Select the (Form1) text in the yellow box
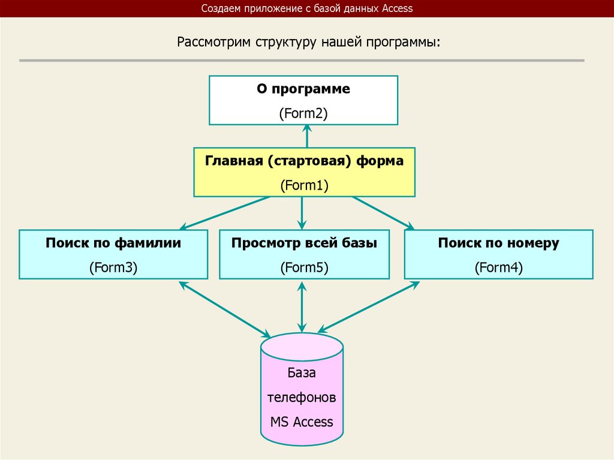pos(305,185)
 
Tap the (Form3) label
pos(113,267)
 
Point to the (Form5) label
pos(305,267)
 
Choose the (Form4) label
pos(498,267)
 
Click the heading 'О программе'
pos(303,89)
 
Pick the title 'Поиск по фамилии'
pos(113,243)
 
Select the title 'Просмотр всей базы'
pos(305,243)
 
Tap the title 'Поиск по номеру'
pos(498,243)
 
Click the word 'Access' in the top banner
pos(396,8)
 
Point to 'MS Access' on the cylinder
pos(302,422)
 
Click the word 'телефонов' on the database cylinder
pos(302,397)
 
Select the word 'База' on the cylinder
pos(302,373)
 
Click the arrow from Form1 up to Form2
pos(307,136)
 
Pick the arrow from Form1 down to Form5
pos(302,213)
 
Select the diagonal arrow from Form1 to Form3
pos(225,213)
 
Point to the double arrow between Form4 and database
pos(369,308)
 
